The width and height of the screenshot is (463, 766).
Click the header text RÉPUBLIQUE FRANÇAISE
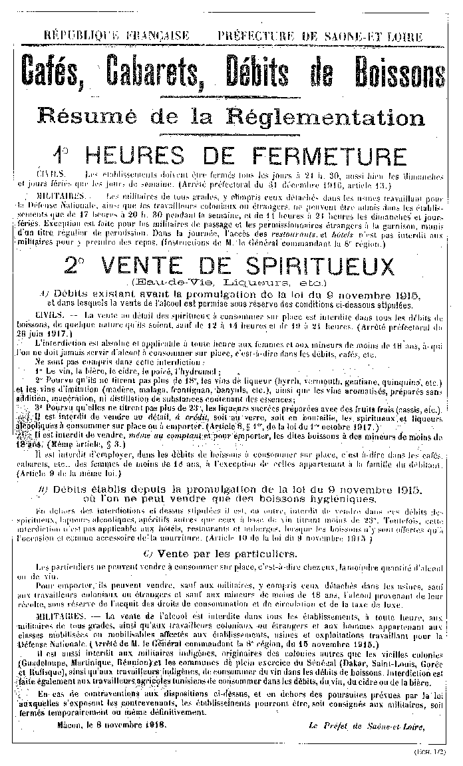(116, 35)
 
